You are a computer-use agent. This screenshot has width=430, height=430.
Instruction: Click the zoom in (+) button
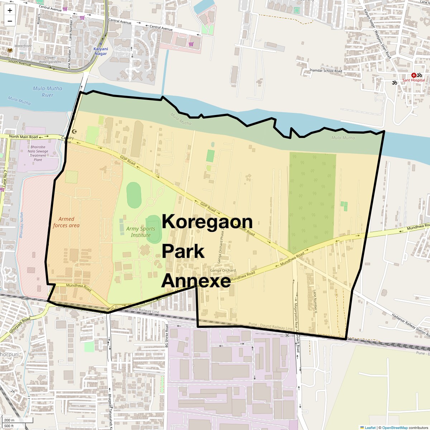click(x=10, y=10)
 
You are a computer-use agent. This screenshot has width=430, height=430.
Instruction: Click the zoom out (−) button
click(x=10, y=21)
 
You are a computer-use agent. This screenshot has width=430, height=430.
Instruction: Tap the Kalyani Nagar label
click(x=101, y=51)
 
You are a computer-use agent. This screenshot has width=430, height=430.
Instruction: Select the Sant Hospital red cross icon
click(x=414, y=75)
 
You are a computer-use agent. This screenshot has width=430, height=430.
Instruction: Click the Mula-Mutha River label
click(x=47, y=92)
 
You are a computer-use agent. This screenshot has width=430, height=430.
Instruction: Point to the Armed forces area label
click(x=66, y=222)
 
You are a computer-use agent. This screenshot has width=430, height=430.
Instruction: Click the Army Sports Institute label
click(x=141, y=232)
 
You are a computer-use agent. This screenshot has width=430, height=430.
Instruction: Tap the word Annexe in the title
click(x=196, y=281)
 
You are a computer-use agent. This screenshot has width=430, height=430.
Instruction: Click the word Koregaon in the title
click(x=207, y=222)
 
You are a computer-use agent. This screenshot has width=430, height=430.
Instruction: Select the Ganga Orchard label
click(x=223, y=271)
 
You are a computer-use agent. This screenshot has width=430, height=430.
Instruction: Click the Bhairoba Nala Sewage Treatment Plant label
click(x=38, y=153)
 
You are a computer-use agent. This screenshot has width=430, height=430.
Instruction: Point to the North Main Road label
click(x=23, y=137)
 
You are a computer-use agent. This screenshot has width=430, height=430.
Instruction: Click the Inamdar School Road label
click(x=326, y=71)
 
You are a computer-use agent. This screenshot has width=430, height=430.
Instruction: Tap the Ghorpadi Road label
click(x=20, y=325)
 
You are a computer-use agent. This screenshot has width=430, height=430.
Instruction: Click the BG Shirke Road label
click(x=167, y=336)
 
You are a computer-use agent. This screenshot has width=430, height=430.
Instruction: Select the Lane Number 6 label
click(x=315, y=300)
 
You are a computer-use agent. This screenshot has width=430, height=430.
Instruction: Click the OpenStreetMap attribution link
click(x=395, y=427)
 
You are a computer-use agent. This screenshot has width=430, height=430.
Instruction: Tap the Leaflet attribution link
click(x=370, y=427)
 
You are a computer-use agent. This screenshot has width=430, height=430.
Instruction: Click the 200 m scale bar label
click(x=9, y=420)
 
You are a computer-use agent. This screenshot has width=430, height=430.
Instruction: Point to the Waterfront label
click(x=23, y=46)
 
